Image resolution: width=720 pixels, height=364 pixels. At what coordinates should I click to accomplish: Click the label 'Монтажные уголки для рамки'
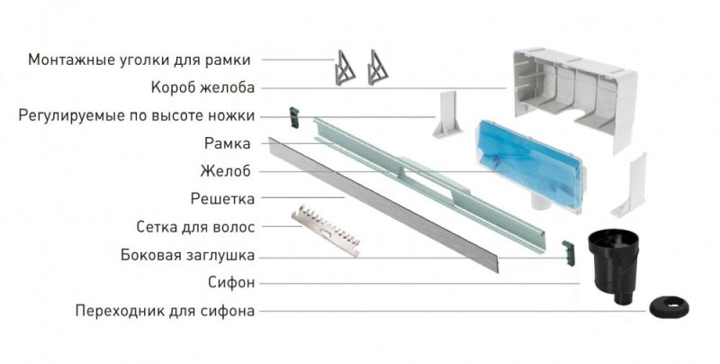click(x=139, y=60)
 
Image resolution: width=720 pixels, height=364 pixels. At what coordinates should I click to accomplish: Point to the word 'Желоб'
click(x=229, y=171)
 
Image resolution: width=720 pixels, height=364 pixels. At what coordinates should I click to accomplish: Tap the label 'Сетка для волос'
click(x=195, y=227)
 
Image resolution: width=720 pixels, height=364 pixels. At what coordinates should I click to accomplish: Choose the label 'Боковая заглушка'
click(x=187, y=255)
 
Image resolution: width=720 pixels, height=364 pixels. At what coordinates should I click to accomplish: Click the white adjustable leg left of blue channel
click(x=447, y=117)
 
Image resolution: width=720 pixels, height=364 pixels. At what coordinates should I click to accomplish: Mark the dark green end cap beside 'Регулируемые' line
click(x=292, y=116)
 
